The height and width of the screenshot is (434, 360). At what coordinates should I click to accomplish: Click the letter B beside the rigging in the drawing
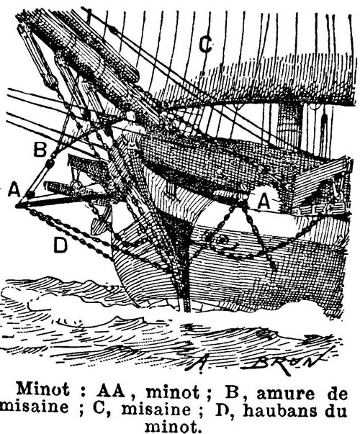coord(40,150)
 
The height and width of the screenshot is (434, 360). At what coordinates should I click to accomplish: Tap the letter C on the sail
coord(205,45)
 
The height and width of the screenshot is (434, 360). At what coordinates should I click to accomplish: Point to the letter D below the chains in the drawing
coord(60,245)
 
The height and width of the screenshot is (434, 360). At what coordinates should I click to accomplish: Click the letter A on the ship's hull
coord(264,202)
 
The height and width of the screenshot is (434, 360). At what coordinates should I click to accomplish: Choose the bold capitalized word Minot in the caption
coord(42,389)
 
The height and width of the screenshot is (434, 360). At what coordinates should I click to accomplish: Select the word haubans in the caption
coord(280,410)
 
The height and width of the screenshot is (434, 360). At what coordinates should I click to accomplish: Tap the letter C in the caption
coord(99,409)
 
